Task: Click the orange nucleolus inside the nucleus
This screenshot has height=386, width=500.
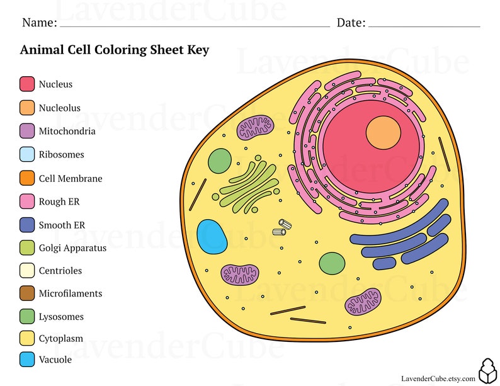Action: [x=384, y=132]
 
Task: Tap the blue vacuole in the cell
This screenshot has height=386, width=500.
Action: [x=212, y=237]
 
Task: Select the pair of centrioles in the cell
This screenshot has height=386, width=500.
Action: [x=281, y=227]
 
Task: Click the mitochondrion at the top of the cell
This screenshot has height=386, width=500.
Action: [x=255, y=128]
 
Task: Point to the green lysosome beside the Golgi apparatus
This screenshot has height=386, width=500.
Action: [x=220, y=161]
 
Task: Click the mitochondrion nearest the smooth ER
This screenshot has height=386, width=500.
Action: [x=363, y=301]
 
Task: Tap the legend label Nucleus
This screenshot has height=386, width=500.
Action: [x=55, y=84]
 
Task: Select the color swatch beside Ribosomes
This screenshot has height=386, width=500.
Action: [x=27, y=154]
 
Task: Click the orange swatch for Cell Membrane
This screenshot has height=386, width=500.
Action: [x=27, y=178]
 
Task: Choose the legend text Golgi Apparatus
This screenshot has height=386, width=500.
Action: [x=72, y=247]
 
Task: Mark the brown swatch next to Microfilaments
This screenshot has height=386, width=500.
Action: [x=27, y=293]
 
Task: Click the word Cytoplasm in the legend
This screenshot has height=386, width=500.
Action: [x=60, y=338]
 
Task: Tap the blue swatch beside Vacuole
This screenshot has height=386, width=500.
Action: [x=27, y=360]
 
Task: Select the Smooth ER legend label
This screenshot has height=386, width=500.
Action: [x=62, y=225]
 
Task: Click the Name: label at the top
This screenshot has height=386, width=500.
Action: [x=39, y=23]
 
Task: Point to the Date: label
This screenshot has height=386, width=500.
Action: [x=351, y=23]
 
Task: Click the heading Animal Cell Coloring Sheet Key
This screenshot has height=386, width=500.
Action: [x=115, y=50]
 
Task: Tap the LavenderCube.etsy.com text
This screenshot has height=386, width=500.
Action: [x=438, y=378]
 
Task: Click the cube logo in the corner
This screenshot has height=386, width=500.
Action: [x=487, y=371]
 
